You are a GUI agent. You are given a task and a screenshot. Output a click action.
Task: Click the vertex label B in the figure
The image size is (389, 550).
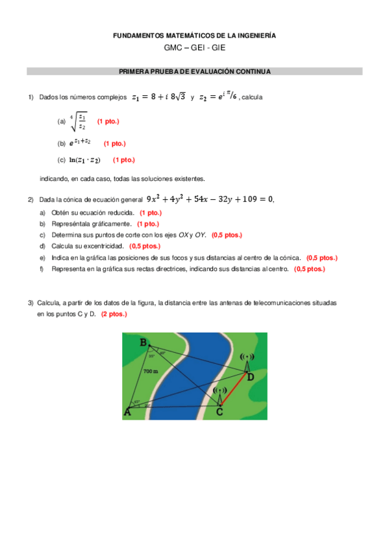(143, 342)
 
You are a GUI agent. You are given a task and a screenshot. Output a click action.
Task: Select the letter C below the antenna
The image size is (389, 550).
(220, 412)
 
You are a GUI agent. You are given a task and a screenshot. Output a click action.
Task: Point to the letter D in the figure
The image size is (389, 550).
(250, 376)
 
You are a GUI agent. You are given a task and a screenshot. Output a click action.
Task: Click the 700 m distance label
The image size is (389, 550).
(151, 372)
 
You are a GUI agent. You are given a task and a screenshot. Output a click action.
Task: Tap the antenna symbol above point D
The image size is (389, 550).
(246, 359)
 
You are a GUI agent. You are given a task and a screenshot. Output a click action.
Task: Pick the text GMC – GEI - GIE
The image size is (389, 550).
(194, 49)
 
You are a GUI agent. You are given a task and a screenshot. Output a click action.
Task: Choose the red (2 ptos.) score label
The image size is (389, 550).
(114, 313)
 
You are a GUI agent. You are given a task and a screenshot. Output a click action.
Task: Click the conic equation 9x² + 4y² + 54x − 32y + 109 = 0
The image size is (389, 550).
(210, 199)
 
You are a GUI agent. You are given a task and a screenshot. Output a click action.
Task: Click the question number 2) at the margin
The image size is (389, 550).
(31, 200)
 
